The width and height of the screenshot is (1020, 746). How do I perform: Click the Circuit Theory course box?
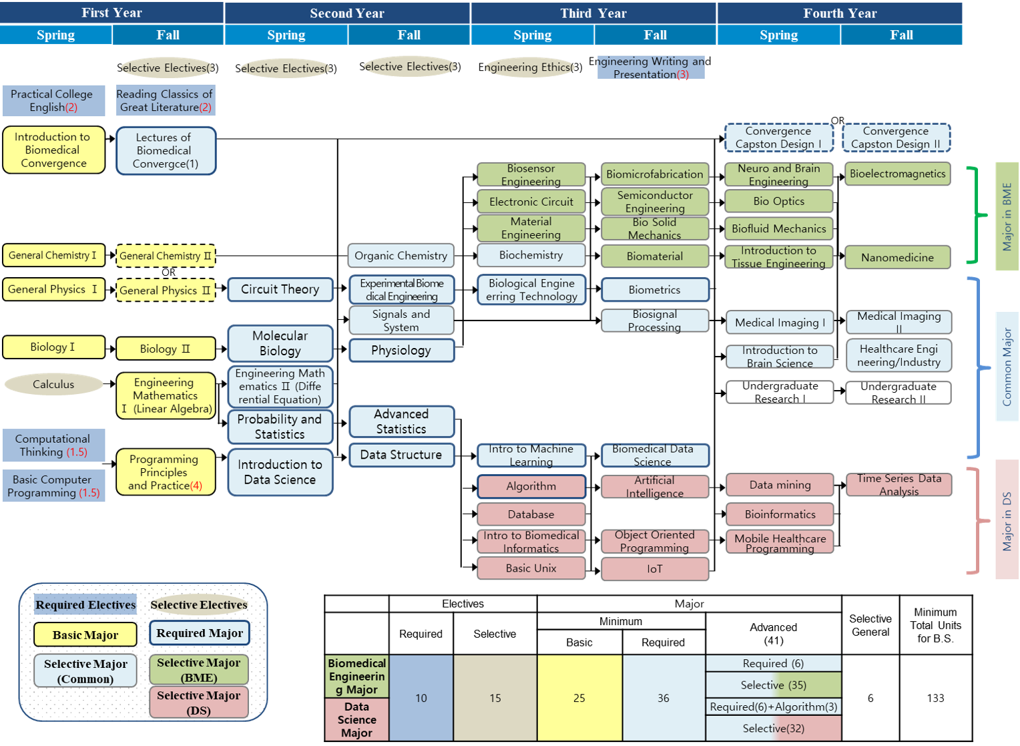coord(280,290)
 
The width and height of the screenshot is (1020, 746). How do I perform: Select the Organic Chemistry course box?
coord(401,256)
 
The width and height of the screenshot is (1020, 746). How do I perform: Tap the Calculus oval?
coord(53,384)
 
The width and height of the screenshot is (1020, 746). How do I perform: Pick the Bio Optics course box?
coord(779,201)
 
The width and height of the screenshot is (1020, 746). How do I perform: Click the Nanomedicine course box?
coord(897,257)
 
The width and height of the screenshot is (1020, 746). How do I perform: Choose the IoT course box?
coord(655,569)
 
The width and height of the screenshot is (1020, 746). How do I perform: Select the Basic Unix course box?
coord(531,568)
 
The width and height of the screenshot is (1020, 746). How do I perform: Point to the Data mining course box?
coord(780,485)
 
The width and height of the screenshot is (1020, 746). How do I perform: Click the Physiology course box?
coord(401,351)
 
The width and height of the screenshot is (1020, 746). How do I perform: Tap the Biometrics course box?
coord(655,290)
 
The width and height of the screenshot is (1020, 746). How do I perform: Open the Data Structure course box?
coord(401,455)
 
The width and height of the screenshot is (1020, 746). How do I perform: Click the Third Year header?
coord(593,13)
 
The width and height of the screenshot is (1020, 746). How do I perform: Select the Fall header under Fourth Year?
coord(901,35)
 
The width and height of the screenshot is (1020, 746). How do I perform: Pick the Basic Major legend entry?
coord(85,635)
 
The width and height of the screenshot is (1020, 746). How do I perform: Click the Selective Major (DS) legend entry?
coord(199,703)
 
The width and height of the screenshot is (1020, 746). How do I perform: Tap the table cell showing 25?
coord(579,698)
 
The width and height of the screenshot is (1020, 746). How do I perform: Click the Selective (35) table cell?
coord(773,685)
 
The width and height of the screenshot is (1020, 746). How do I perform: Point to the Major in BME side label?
coord(1007,216)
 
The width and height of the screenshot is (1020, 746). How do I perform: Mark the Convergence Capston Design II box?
coord(896,138)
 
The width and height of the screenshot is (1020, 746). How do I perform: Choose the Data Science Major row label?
coord(357,720)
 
